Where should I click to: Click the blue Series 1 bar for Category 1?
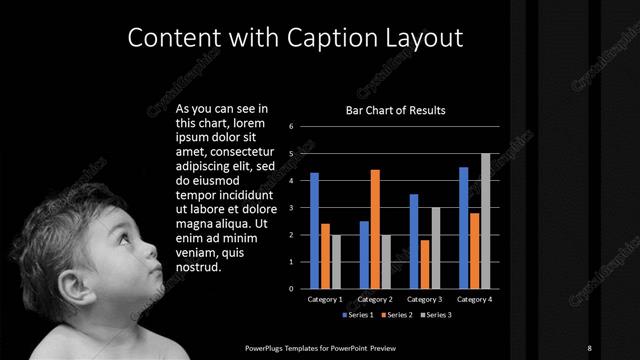[x=314, y=230]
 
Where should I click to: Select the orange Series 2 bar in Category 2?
[x=375, y=228]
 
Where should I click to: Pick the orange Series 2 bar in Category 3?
[x=425, y=264]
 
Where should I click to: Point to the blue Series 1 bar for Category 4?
[x=463, y=227]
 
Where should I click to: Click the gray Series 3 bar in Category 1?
[x=336, y=261]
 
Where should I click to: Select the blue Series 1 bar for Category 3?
[x=414, y=241]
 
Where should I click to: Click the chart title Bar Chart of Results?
[x=395, y=110]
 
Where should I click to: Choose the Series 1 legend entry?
[x=358, y=315]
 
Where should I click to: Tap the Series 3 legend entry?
[x=436, y=315]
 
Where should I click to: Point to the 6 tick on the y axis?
[x=290, y=127]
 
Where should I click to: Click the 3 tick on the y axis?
[x=290, y=208]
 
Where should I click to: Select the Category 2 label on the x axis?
[x=375, y=299]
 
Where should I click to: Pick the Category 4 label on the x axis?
[x=474, y=299]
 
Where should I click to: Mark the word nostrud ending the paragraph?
[x=198, y=267]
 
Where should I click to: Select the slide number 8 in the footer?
[x=590, y=347]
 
